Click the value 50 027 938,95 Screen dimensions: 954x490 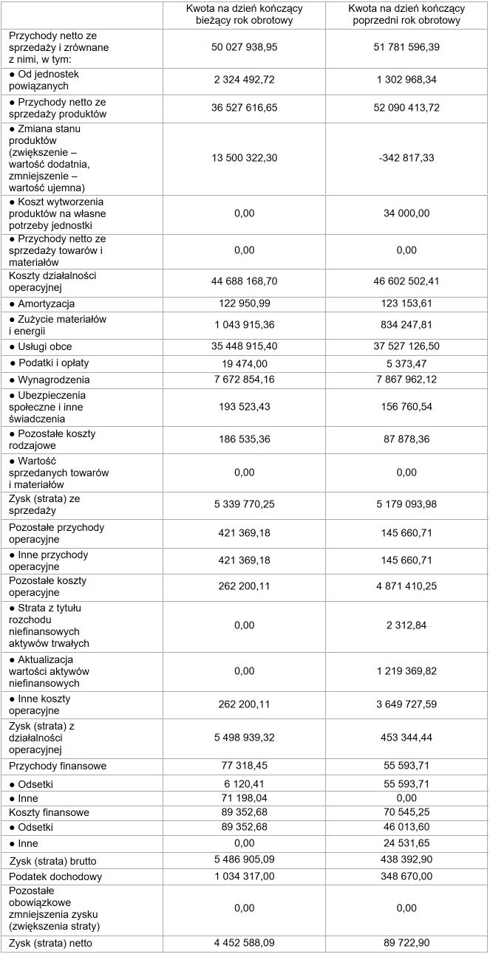244,47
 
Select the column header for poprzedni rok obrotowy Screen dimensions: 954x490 407,15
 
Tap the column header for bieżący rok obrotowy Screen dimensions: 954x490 244,15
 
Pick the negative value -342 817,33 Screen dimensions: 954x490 407,157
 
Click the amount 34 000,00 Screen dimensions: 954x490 407,213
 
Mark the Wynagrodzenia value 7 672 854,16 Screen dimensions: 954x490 244,380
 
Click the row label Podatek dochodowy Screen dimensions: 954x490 55,876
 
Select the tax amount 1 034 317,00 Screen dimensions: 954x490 244,876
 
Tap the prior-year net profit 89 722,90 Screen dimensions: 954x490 407,942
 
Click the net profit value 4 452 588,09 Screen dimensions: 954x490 244,942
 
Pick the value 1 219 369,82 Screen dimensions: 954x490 407,671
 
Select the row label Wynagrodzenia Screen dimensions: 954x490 49,380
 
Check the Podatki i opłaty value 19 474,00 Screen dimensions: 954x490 244,363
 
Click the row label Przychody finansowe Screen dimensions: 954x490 58,766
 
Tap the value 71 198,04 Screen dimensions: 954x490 244,798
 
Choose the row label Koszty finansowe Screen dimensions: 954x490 49,812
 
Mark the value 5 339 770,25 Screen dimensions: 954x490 244,504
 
